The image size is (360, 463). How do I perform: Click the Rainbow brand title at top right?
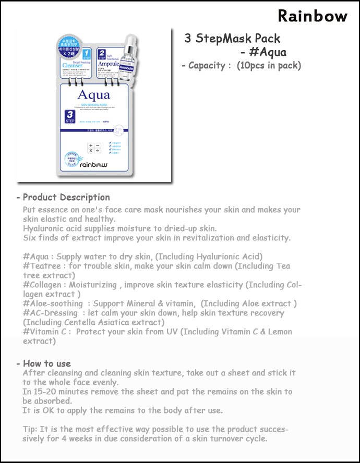tap(312, 16)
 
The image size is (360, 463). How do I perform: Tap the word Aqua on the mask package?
tap(93, 95)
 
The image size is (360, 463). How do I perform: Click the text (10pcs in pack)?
tap(269, 66)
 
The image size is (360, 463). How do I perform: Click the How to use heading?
tap(47, 363)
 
